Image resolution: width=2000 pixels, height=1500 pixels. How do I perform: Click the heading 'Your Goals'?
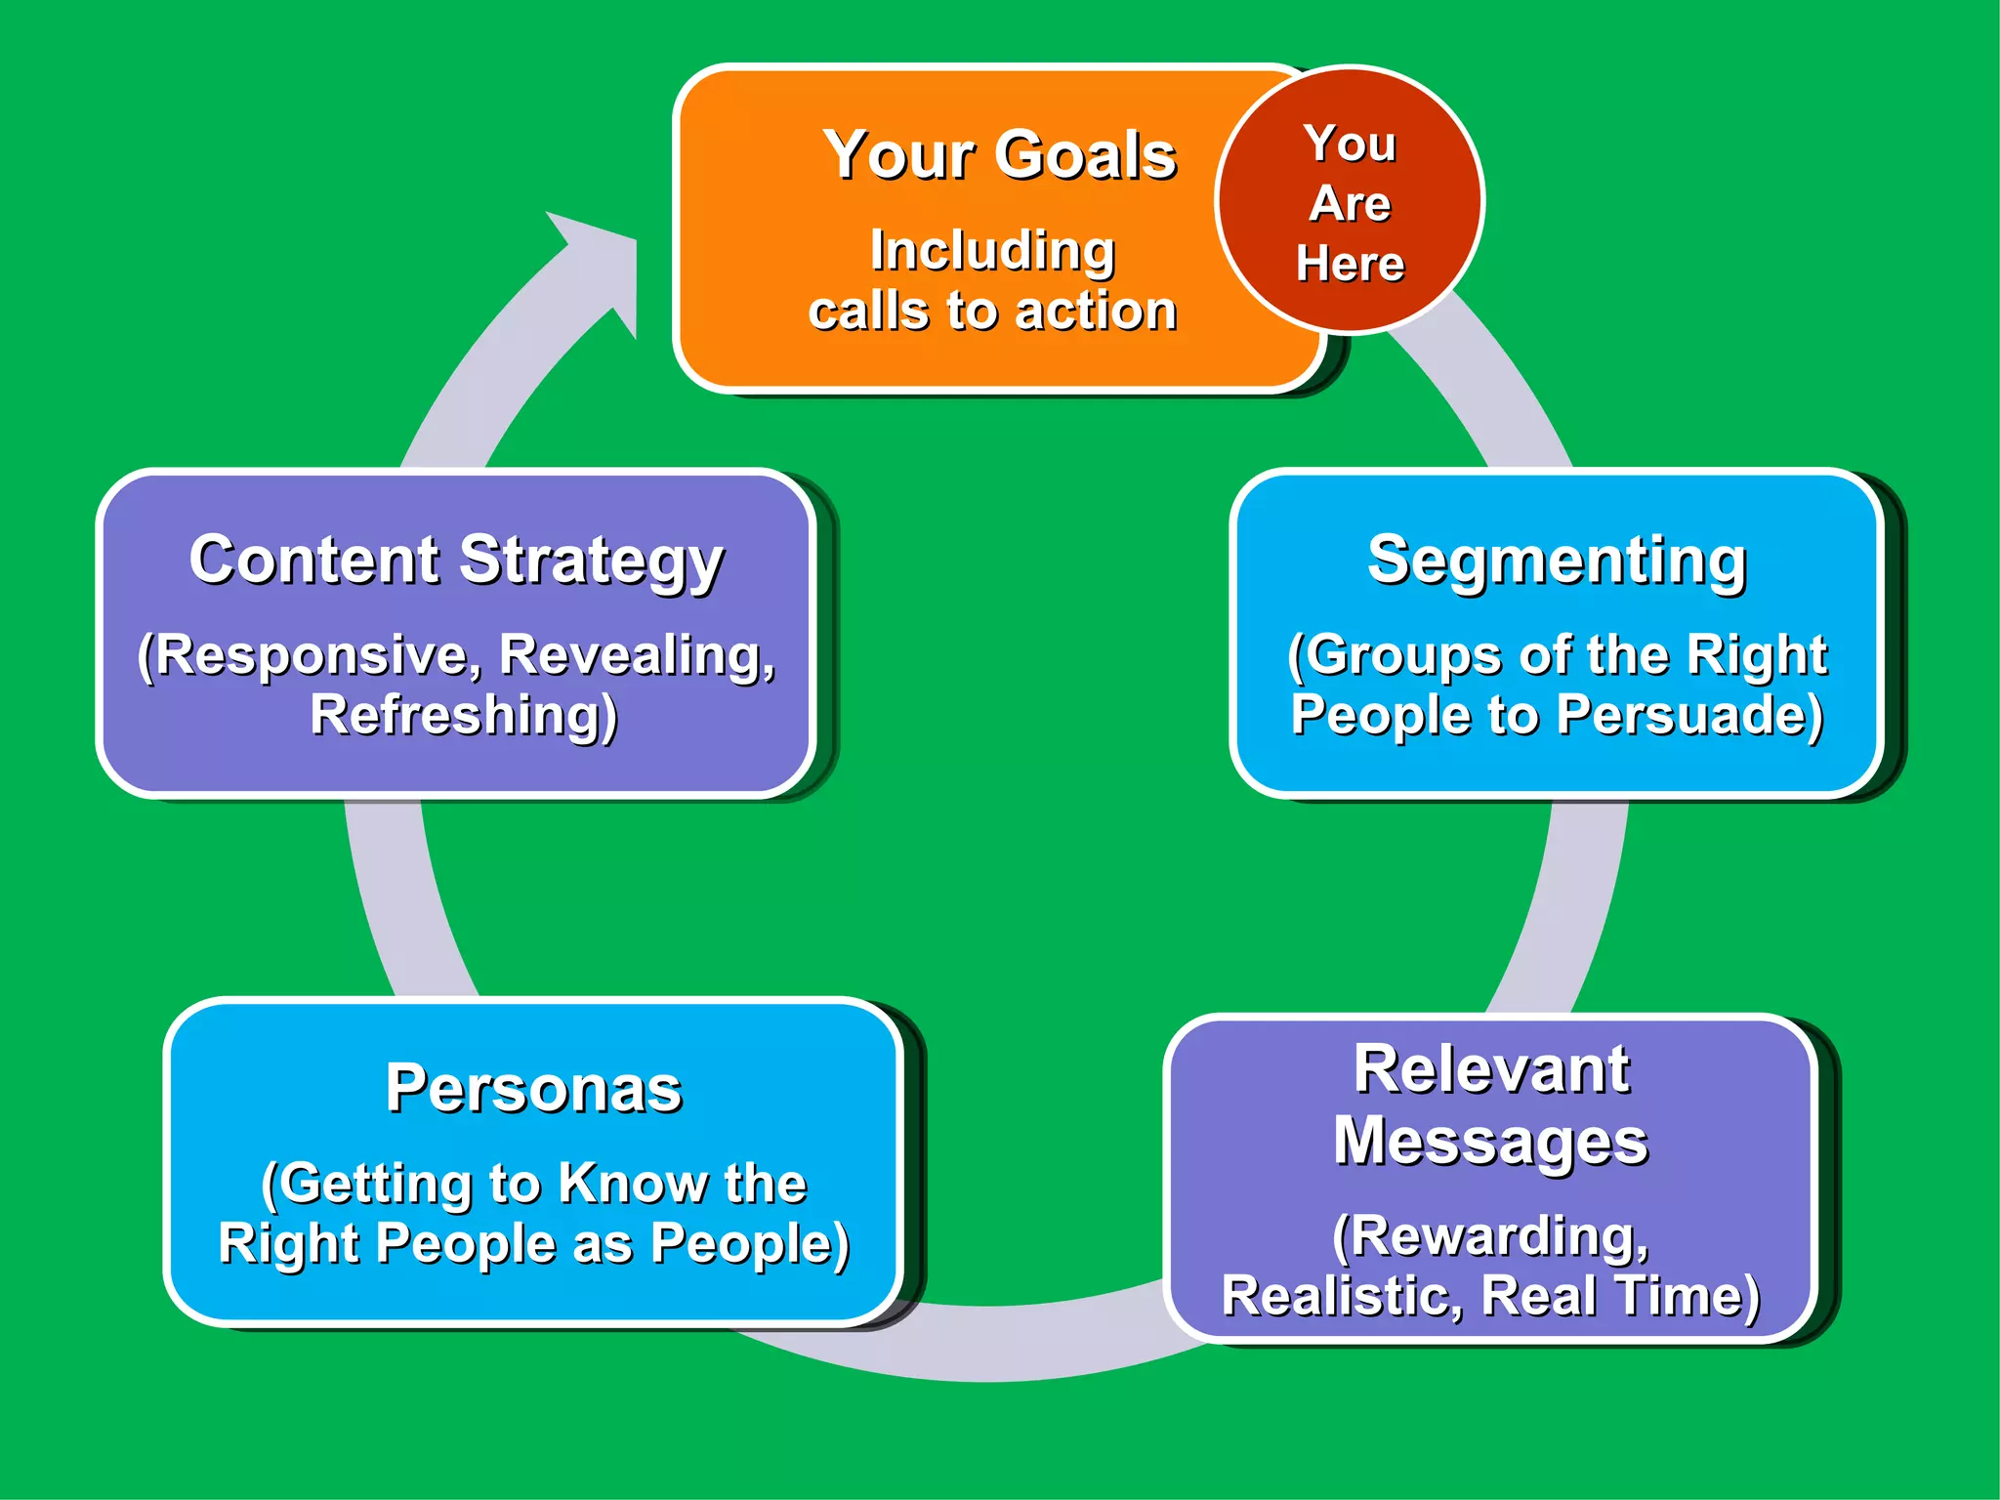click(x=999, y=156)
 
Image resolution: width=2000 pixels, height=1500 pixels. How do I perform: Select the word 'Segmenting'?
click(x=1557, y=561)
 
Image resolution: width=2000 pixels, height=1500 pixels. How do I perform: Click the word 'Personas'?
click(x=534, y=1089)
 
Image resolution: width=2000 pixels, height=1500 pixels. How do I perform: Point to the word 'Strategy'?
click(x=592, y=562)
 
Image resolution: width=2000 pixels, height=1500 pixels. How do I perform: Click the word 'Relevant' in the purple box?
click(x=1491, y=1069)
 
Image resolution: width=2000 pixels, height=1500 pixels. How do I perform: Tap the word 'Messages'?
click(x=1491, y=1143)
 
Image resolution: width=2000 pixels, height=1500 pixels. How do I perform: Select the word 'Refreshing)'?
click(x=464, y=715)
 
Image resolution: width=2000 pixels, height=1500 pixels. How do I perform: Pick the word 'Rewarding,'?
click(x=1491, y=1237)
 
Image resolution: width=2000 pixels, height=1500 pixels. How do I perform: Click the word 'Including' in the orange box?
click(x=992, y=251)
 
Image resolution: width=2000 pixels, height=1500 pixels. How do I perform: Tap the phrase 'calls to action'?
click(x=992, y=312)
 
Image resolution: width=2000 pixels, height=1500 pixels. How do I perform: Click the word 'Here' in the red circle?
click(x=1351, y=264)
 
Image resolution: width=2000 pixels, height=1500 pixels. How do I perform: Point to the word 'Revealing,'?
click(x=637, y=654)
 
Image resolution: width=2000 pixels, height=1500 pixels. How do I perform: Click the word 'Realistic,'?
click(x=1342, y=1297)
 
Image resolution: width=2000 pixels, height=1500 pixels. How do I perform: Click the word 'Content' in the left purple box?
click(x=314, y=561)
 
